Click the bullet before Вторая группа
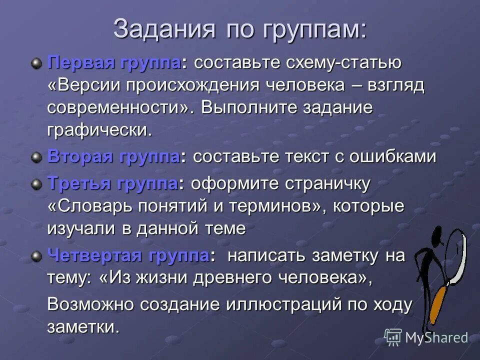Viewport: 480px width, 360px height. pos(36,157)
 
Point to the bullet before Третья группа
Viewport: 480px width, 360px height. pos(36,184)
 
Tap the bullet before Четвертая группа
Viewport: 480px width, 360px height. pos(36,256)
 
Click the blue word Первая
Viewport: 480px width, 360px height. pos(81,63)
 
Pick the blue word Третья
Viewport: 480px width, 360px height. pos(80,184)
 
